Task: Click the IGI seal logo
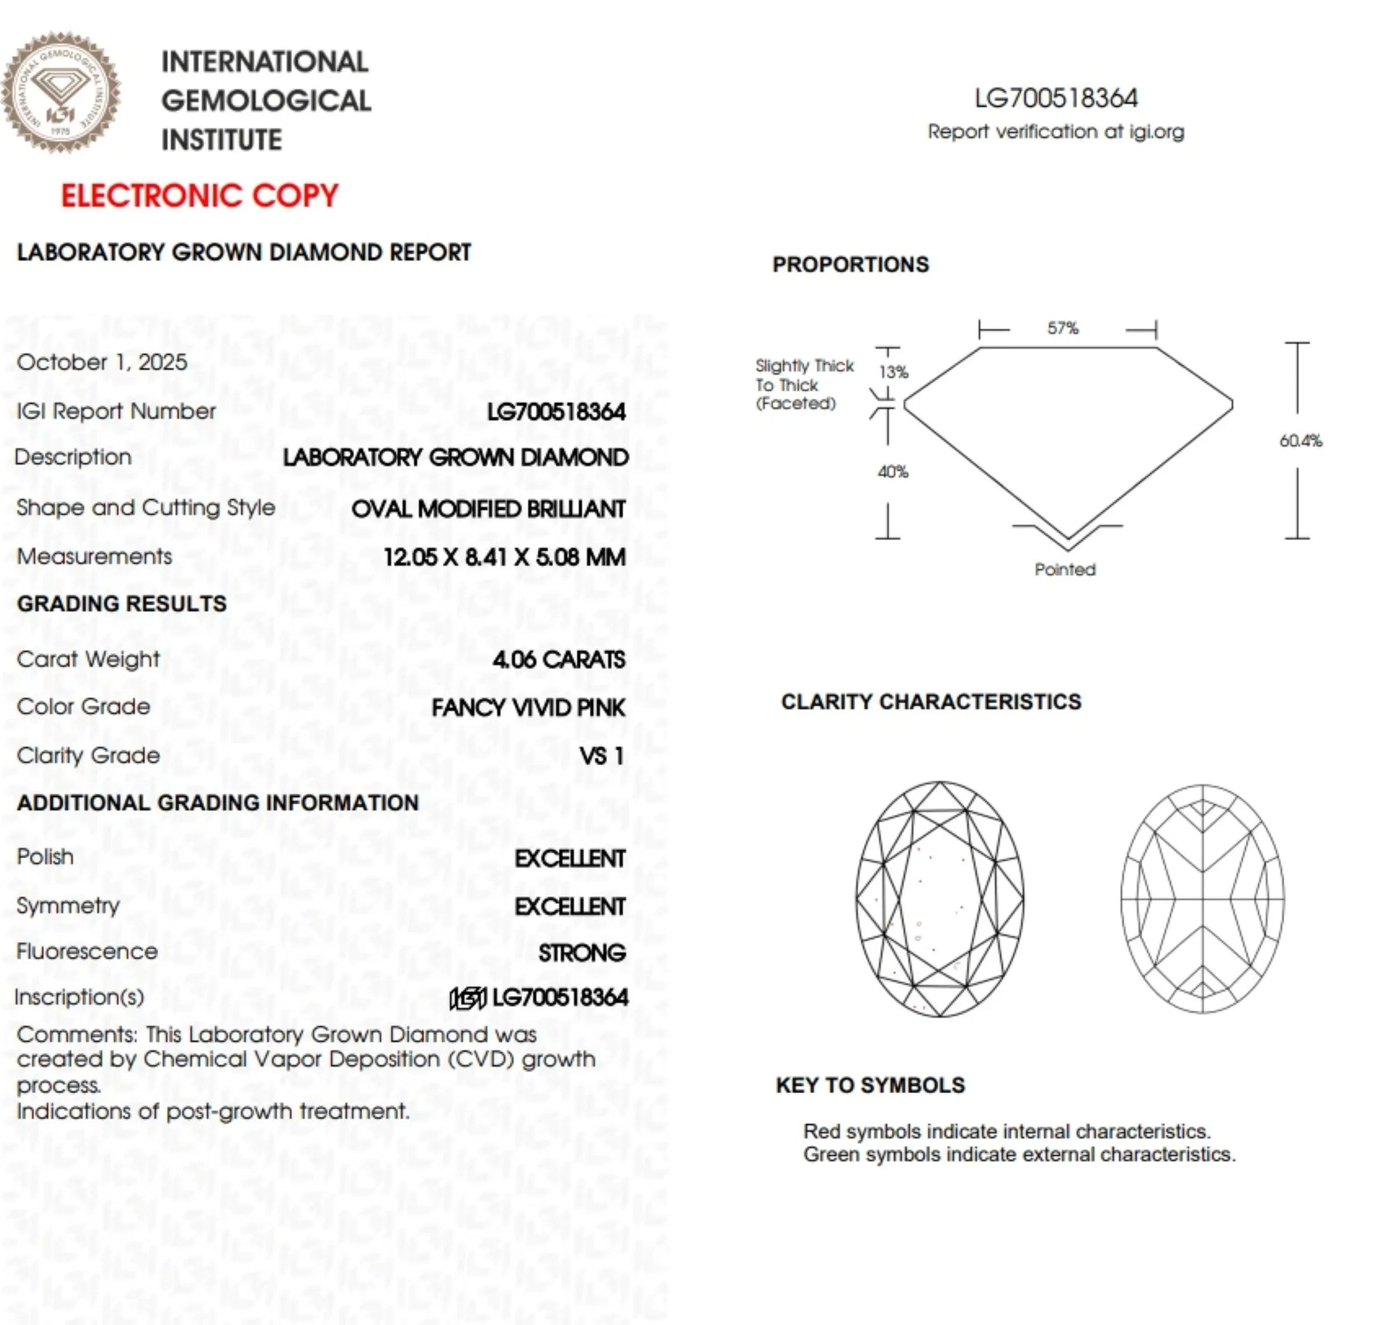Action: [61, 92]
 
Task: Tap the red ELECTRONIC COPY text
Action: [200, 196]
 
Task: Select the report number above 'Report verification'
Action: [1056, 98]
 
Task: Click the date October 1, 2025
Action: [103, 363]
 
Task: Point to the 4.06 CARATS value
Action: [559, 659]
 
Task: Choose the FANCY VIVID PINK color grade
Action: [528, 708]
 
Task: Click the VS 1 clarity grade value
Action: [601, 756]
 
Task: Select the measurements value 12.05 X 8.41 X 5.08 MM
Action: [504, 557]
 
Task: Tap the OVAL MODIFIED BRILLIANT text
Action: [488, 509]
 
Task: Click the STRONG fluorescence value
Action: [582, 953]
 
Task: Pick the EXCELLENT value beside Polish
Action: [570, 858]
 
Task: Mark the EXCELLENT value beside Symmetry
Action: [570, 906]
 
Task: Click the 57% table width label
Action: [1063, 328]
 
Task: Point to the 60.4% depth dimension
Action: [1300, 441]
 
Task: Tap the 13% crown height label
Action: [893, 372]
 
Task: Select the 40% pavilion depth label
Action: [893, 471]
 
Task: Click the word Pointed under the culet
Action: [1065, 569]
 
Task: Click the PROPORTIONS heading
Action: [850, 264]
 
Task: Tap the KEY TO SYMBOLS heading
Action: [870, 1085]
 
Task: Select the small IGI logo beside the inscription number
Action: [468, 998]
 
